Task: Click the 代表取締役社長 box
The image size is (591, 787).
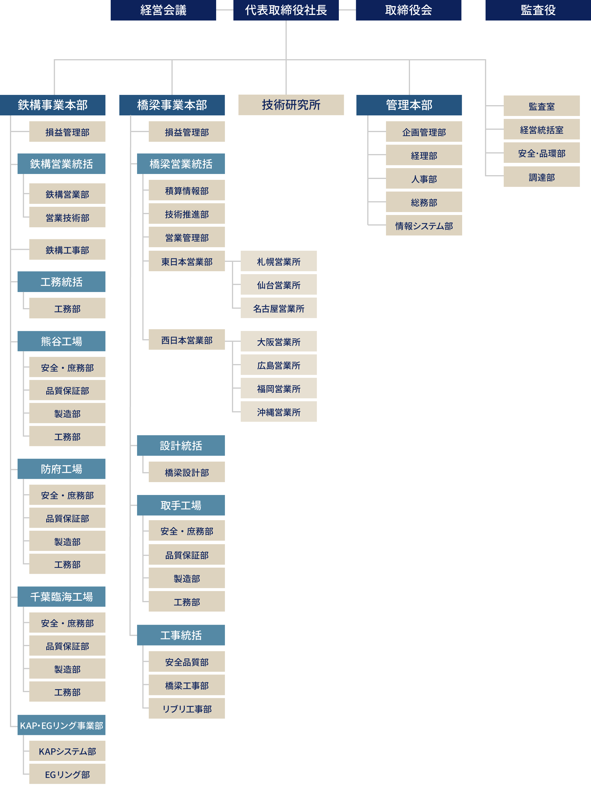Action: click(286, 10)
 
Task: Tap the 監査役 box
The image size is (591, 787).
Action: click(538, 10)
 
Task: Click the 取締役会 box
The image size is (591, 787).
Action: click(408, 10)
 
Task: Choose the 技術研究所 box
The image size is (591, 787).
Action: click(291, 105)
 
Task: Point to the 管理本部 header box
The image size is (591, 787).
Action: click(409, 105)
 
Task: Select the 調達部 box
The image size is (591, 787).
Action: click(541, 177)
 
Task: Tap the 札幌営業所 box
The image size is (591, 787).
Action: click(278, 261)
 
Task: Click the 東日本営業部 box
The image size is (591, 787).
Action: click(187, 261)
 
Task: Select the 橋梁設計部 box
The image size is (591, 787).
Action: click(187, 472)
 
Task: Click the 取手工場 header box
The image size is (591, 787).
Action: click(181, 505)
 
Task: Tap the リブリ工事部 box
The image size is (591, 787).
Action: click(187, 709)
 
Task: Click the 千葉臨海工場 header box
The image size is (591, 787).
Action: click(61, 597)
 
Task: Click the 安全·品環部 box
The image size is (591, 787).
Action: click(541, 153)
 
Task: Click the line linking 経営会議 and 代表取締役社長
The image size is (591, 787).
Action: click(225, 10)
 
